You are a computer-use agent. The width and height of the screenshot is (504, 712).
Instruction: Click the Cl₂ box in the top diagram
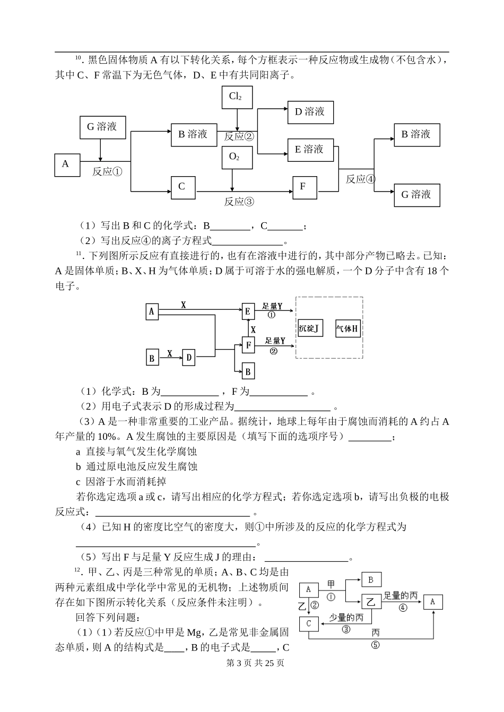pos(237,97)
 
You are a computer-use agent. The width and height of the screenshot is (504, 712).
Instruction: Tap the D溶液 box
pos(310,112)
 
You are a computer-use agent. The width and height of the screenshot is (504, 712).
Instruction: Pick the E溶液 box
pos(310,150)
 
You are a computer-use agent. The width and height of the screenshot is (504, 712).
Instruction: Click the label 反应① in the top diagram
pos(107,172)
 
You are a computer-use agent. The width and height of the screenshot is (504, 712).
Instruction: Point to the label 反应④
pos(360,179)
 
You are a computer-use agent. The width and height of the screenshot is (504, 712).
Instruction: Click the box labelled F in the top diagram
pos(305,187)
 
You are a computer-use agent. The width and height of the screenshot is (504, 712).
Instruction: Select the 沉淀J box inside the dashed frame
pos(310,329)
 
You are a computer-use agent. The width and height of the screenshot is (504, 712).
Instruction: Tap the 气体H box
pos(347,329)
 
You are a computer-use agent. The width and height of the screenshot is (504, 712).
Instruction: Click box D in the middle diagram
pos(189,358)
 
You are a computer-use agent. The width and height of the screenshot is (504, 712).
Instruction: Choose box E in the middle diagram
pos(248,311)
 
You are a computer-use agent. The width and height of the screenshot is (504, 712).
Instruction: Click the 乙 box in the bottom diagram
pos(371,602)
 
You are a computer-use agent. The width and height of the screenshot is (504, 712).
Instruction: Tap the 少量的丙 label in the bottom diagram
pos(346,618)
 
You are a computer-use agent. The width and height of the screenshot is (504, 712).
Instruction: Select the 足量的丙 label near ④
pos(401,596)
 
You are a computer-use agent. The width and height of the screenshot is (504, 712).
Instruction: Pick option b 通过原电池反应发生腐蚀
pos(136,466)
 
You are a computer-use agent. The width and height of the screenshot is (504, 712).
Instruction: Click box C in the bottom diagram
pos(309,623)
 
